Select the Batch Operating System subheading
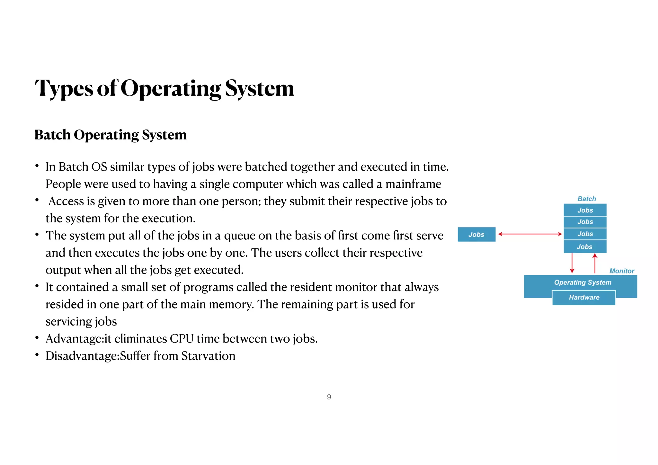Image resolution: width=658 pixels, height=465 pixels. click(x=110, y=135)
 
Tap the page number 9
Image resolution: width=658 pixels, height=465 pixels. click(x=329, y=397)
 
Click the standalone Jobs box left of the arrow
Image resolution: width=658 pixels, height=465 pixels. click(x=476, y=235)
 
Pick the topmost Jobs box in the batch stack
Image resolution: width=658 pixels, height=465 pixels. click(x=585, y=210)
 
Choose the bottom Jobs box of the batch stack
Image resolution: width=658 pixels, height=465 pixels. click(x=585, y=247)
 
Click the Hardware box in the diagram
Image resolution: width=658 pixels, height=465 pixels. click(x=584, y=298)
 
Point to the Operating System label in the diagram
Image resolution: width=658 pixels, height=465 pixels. click(x=582, y=282)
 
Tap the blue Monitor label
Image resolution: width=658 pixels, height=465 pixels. click(x=621, y=271)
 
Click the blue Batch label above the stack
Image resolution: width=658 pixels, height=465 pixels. click(x=586, y=199)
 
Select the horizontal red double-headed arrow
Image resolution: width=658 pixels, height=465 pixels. click(x=530, y=234)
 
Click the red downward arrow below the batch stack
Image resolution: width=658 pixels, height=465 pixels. click(x=572, y=264)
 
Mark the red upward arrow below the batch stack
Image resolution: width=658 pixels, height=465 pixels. click(x=595, y=264)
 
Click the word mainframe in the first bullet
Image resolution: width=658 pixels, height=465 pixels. click(x=413, y=184)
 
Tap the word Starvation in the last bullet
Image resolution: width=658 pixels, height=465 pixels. click(x=208, y=356)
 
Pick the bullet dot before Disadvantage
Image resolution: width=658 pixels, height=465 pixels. click(x=37, y=355)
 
